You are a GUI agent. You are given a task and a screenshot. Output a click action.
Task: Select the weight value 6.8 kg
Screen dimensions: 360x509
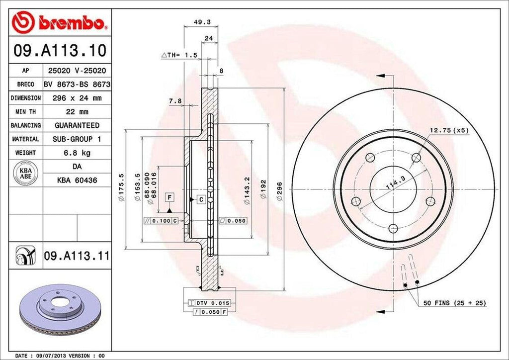pyautogui.click(x=77, y=153)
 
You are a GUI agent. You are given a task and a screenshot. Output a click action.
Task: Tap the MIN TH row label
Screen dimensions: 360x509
pyautogui.click(x=25, y=112)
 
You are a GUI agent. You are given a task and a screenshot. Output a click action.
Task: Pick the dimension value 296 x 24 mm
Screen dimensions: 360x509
pyautogui.click(x=77, y=98)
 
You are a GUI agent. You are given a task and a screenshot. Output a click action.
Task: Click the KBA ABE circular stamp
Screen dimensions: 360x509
pyautogui.click(x=26, y=173)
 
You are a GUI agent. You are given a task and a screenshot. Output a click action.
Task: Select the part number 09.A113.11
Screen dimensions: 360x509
pyautogui.click(x=76, y=257)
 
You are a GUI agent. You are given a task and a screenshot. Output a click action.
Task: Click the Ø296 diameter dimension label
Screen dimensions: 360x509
pyautogui.click(x=280, y=190)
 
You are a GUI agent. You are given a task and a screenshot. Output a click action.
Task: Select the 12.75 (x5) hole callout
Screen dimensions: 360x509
pyautogui.click(x=449, y=130)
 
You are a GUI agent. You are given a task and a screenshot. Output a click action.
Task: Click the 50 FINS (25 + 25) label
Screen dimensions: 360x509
pyautogui.click(x=454, y=302)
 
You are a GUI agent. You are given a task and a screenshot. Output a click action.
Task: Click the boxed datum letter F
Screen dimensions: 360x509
pyautogui.click(x=170, y=197)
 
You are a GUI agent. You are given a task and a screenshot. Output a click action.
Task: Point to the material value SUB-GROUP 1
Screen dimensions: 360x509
pyautogui.click(x=77, y=139)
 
